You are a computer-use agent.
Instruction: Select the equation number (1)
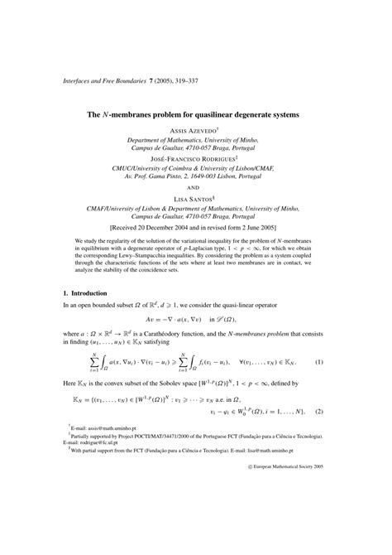pyautogui.click(x=342, y=361)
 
